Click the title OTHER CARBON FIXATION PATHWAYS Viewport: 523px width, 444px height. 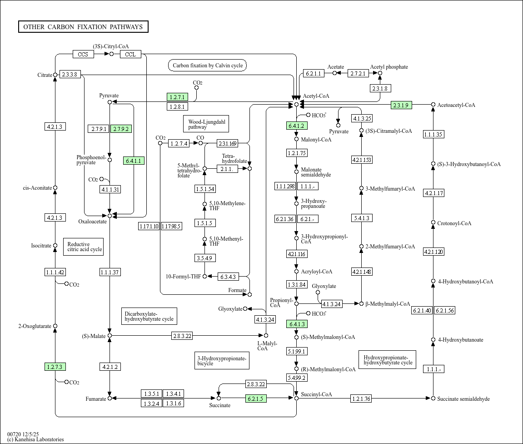pos(83,27)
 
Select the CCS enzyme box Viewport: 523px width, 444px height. pos(83,54)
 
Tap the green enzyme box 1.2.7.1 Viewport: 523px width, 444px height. pos(177,97)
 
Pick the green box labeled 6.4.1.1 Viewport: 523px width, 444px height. pos(134,161)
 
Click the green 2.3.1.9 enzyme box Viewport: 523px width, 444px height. pos(401,105)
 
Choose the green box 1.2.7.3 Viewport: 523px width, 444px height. pos(55,366)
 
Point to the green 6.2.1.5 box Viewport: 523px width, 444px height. pos(256,399)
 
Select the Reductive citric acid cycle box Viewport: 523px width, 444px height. pos(83,247)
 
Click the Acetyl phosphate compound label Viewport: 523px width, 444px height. pos(389,67)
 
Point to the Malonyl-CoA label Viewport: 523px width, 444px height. pos(316,140)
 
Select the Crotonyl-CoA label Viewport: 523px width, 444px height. pos(454,223)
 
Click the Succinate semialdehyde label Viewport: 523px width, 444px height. pos(463,399)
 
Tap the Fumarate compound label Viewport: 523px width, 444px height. pos(95,399)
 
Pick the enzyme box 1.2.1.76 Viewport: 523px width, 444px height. pos(361,399)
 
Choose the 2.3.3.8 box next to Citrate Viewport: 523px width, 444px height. pos(70,75)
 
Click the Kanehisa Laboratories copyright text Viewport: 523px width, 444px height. pos(35,439)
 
